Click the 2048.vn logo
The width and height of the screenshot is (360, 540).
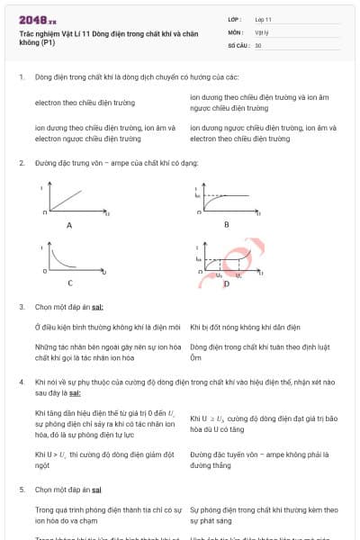pyautogui.click(x=39, y=19)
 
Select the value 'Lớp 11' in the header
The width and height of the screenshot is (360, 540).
pyautogui.click(x=264, y=18)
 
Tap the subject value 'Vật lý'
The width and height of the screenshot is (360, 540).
pyautogui.click(x=262, y=31)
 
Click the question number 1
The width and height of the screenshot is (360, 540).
pyautogui.click(x=21, y=77)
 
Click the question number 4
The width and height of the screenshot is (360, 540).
pyautogui.click(x=21, y=382)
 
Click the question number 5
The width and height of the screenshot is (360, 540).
pyautogui.click(x=21, y=490)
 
